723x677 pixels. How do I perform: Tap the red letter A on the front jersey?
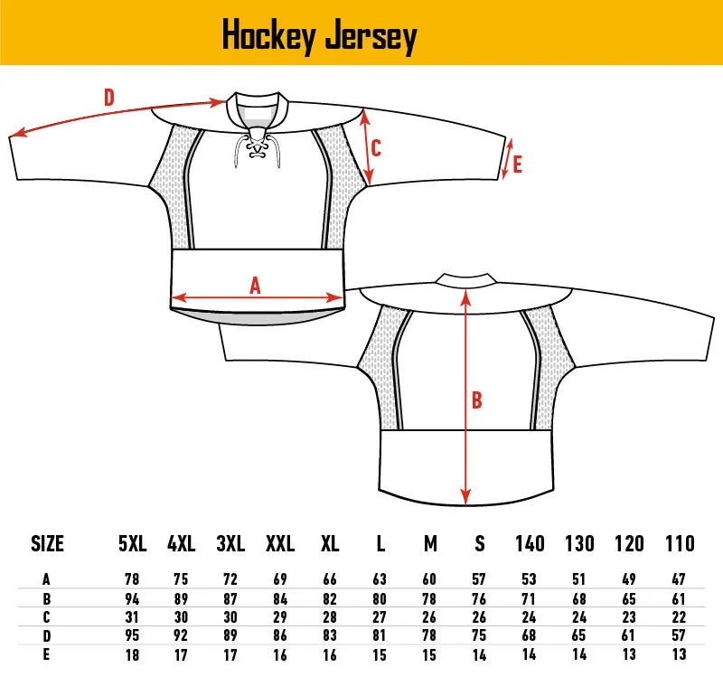(256, 285)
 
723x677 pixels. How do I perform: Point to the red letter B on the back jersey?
(477, 400)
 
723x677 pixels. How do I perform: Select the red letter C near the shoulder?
(376, 147)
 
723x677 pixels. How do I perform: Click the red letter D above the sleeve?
(108, 97)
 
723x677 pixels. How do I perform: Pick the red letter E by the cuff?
(517, 165)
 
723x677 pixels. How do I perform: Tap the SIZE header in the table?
(48, 543)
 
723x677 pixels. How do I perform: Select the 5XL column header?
(132, 543)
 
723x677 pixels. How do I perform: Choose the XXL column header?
(280, 543)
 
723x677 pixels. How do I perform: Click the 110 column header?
(679, 543)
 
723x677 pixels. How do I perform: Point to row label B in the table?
(47, 597)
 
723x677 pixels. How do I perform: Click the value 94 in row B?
(132, 597)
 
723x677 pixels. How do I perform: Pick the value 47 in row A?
(679, 578)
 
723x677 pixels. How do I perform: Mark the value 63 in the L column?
(380, 578)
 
